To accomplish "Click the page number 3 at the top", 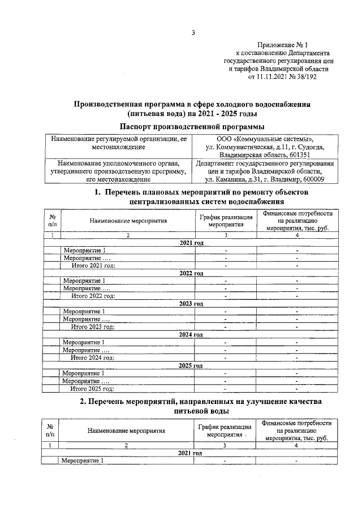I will [193, 33].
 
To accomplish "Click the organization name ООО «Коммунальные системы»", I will [265, 139].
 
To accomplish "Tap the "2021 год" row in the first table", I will [191, 242].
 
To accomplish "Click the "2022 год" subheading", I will [191, 273].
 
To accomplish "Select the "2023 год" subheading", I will [191, 304].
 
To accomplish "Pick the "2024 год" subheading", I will [191, 335].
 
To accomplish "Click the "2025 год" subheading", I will [191, 365].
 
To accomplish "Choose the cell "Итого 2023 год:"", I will [93, 326].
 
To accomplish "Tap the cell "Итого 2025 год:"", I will [93, 389].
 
